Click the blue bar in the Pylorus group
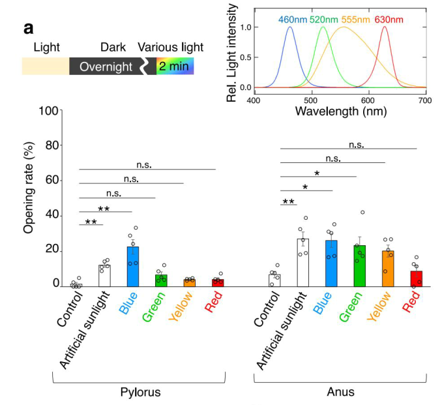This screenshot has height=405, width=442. pyautogui.click(x=133, y=267)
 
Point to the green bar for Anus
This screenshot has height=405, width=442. pyautogui.click(x=360, y=266)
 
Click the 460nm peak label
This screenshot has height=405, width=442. pyautogui.click(x=293, y=20)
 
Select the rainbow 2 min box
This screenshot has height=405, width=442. pyautogui.click(x=175, y=67)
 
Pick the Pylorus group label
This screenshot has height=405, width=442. pyautogui.click(x=141, y=391)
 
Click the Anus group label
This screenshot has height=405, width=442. pyautogui.click(x=340, y=391)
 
